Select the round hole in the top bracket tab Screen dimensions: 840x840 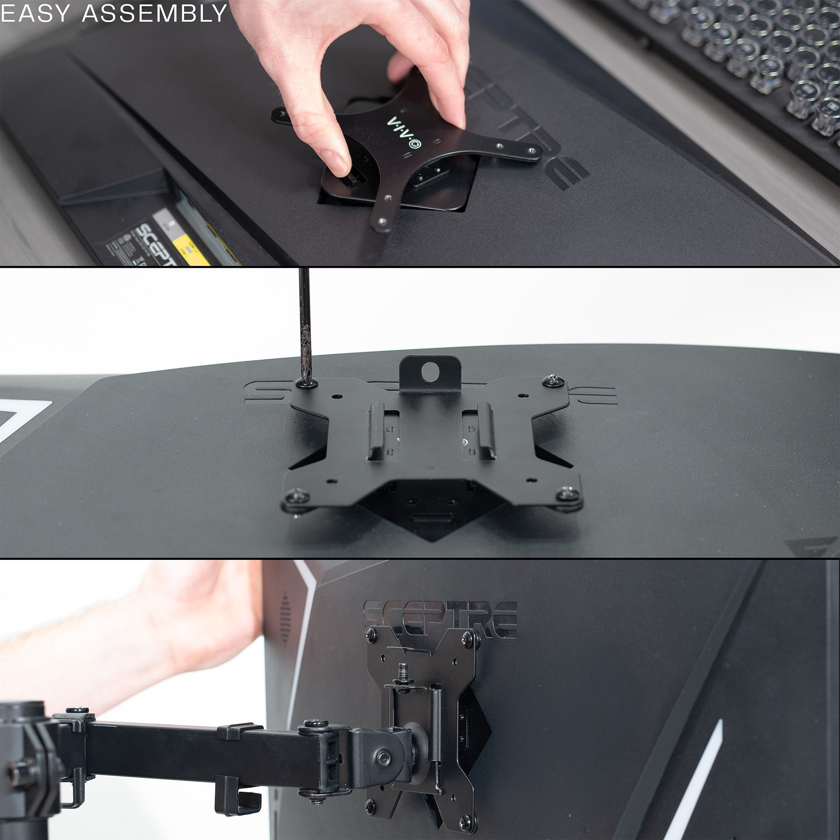(x=430, y=372)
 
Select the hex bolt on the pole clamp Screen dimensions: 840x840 (x=17, y=772)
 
